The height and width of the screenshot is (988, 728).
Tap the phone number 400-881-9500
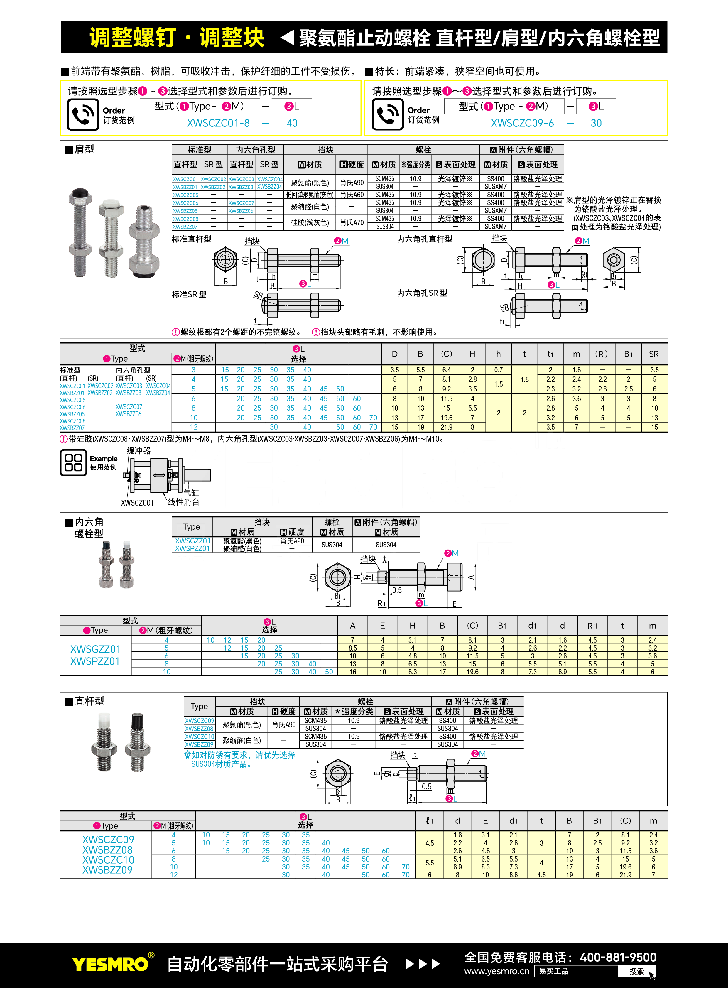pos(618,957)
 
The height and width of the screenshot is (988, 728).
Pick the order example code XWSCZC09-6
pos(522,123)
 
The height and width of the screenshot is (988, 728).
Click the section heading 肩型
pos(84,149)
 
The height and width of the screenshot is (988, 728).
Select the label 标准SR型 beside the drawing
pos(189,294)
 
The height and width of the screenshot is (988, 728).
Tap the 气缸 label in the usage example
pos(191,493)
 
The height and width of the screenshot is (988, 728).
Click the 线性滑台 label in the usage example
pos(184,502)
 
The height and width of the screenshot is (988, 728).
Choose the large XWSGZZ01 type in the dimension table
pos(95,649)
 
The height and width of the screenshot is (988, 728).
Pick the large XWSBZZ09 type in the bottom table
pos(107,870)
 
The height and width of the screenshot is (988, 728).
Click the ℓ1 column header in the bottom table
pos(430,820)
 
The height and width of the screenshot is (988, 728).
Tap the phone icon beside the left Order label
pos(83,114)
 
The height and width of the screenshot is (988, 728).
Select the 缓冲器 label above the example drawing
pos(139,450)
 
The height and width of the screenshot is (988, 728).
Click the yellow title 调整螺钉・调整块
pos(176,37)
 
